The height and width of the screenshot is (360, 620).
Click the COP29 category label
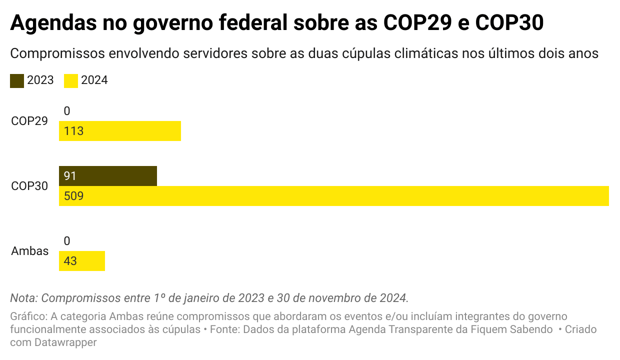[x=29, y=121]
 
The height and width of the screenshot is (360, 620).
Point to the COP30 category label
[x=29, y=186]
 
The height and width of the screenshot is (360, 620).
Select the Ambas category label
[x=30, y=251]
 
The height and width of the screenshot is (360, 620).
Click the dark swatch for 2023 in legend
[x=17, y=80]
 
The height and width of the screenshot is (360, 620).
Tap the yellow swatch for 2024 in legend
[x=71, y=80]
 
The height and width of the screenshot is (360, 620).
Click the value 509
[x=73, y=196]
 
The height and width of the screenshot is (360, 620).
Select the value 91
[x=70, y=176]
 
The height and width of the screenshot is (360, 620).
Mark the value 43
[x=70, y=261]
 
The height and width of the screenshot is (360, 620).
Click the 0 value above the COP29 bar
[x=67, y=111]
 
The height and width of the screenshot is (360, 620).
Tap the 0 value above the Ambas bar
[x=67, y=241]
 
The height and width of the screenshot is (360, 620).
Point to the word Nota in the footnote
[x=23, y=298]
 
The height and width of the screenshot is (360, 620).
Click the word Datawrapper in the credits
[x=65, y=342]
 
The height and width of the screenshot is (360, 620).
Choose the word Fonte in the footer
[x=223, y=330]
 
